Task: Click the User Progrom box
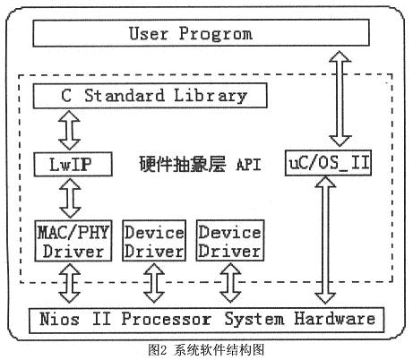(201, 33)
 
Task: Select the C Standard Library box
(150, 96)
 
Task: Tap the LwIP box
(73, 164)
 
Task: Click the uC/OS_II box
(328, 163)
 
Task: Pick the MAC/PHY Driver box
(73, 241)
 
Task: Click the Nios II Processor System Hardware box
(207, 320)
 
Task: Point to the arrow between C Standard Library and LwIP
(69, 130)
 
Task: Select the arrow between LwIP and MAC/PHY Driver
(70, 198)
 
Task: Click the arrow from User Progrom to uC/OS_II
(340, 99)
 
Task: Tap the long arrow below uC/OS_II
(325, 240)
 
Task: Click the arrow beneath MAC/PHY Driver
(70, 283)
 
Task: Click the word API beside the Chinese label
(248, 165)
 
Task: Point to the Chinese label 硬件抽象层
(183, 164)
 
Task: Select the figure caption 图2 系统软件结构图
(206, 350)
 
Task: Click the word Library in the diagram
(211, 96)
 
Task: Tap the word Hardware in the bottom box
(335, 318)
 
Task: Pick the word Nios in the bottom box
(59, 319)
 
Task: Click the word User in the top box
(149, 33)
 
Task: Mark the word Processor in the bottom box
(166, 319)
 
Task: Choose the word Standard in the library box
(125, 96)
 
